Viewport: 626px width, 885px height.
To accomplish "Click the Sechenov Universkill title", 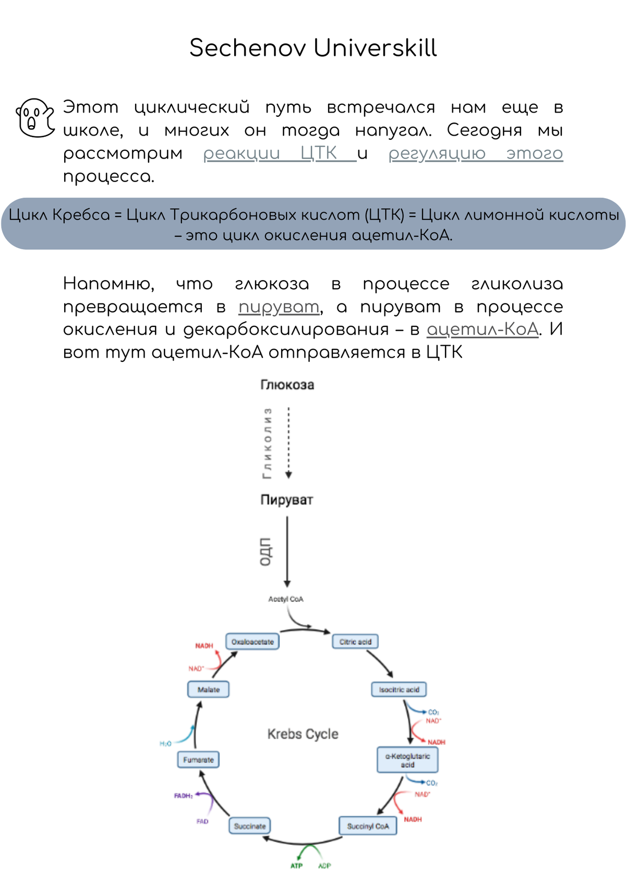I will (313, 48).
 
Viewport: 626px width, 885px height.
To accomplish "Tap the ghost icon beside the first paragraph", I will (35, 118).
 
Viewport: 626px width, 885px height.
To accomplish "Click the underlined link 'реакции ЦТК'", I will (280, 153).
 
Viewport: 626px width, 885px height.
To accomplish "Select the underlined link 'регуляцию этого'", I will (475, 153).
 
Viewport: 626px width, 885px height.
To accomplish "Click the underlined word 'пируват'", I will (279, 307).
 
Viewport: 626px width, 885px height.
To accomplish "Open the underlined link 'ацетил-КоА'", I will (482, 330).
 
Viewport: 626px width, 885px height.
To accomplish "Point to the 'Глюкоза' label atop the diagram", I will (287, 385).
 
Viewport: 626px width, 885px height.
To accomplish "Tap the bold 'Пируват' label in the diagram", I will (286, 500).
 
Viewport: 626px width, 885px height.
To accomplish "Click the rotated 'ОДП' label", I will (266, 551).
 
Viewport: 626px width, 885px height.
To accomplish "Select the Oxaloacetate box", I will (252, 641).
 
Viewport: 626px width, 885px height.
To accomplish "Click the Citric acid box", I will (355, 641).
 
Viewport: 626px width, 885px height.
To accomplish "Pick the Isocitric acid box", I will (399, 689).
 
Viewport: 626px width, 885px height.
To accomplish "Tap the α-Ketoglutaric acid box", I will (407, 760).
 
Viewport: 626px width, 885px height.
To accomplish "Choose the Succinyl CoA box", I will (368, 826).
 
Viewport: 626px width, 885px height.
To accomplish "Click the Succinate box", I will (250, 826).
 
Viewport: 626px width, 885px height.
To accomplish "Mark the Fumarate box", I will (198, 760).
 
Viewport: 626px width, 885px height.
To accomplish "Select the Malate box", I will (208, 689).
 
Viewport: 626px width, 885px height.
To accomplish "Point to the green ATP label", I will (296, 866).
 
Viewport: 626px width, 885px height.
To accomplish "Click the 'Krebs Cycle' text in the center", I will (303, 734).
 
